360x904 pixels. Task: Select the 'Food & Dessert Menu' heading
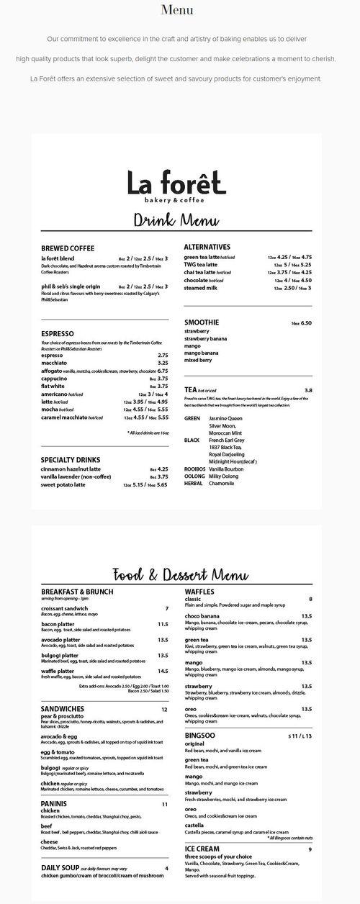coord(180,574)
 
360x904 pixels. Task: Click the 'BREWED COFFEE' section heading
coord(68,248)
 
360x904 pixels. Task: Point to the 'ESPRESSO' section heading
coord(58,333)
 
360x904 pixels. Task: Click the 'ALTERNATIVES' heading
coord(207,247)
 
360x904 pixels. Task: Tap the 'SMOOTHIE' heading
coord(202,322)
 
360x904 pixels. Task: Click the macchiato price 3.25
coord(163,363)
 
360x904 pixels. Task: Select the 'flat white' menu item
coord(54,386)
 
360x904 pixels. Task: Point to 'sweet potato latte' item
coord(63,484)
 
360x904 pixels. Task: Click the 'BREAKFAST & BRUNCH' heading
coord(77,591)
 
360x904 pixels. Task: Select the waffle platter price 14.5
coord(163,671)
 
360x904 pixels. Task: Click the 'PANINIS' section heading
coord(54,803)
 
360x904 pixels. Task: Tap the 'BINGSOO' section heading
coord(200,736)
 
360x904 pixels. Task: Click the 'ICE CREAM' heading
coord(202,849)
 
